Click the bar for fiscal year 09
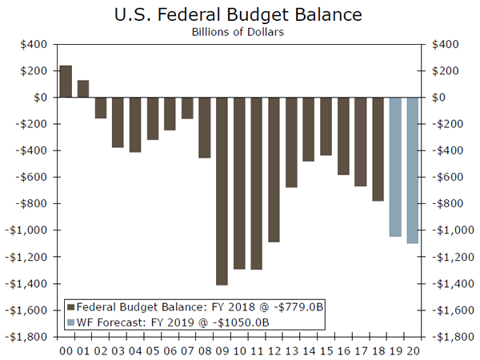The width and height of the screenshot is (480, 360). (x=222, y=190)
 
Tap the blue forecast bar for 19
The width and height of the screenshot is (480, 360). (x=394, y=166)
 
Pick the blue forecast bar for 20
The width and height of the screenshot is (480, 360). (x=413, y=170)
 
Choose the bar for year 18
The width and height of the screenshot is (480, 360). (x=378, y=149)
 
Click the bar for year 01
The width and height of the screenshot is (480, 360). (x=83, y=88)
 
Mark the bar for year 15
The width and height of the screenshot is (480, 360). (x=326, y=126)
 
